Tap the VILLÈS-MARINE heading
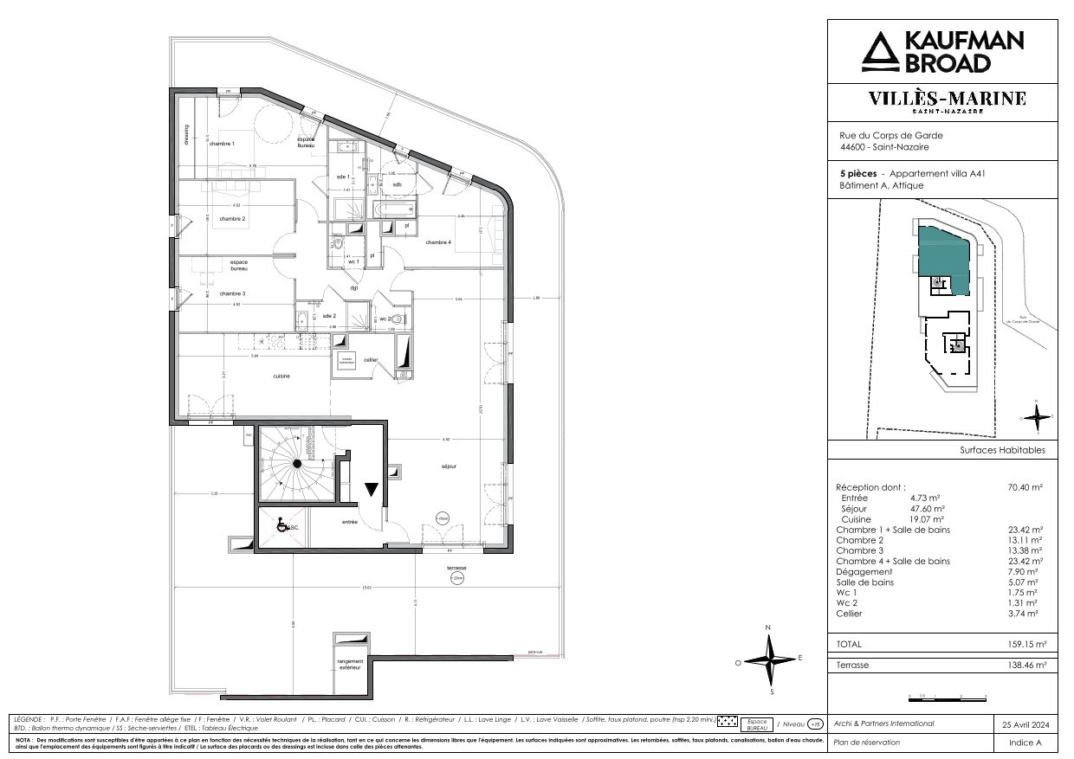coord(947,99)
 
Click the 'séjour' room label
coord(447,466)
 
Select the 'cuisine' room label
coord(281,376)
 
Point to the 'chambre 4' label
coord(438,242)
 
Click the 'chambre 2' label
coord(233,219)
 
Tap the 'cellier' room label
coord(371,359)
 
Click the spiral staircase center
coord(296,465)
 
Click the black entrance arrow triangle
coord(372,490)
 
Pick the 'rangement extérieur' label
coord(350,664)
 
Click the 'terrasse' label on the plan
coord(456,568)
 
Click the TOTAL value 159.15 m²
coord(1027,645)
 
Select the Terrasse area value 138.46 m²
coord(1027,665)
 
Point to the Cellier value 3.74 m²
coord(1030,613)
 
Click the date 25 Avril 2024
coord(1025,724)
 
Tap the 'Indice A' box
coord(1025,743)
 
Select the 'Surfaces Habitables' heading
coord(1002,450)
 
